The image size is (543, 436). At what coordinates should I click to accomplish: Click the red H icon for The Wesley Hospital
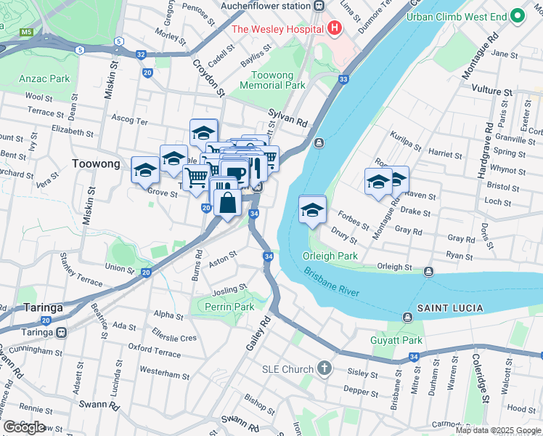pos(335,28)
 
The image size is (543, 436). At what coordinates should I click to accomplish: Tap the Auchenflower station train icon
pos(319,6)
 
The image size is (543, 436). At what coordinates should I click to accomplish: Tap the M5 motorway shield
pos(27,33)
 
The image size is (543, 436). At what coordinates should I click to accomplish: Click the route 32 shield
pos(140,54)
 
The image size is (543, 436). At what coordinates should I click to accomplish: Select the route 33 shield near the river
pos(343,79)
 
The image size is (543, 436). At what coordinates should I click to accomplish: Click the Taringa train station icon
pos(62,332)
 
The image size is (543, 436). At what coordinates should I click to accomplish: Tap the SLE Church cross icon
pos(324,369)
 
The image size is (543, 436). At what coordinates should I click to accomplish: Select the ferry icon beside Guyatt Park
pos(408,317)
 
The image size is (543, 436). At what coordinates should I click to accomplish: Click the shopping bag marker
pos(227,203)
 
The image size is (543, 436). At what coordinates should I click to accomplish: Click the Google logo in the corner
pos(24,427)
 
